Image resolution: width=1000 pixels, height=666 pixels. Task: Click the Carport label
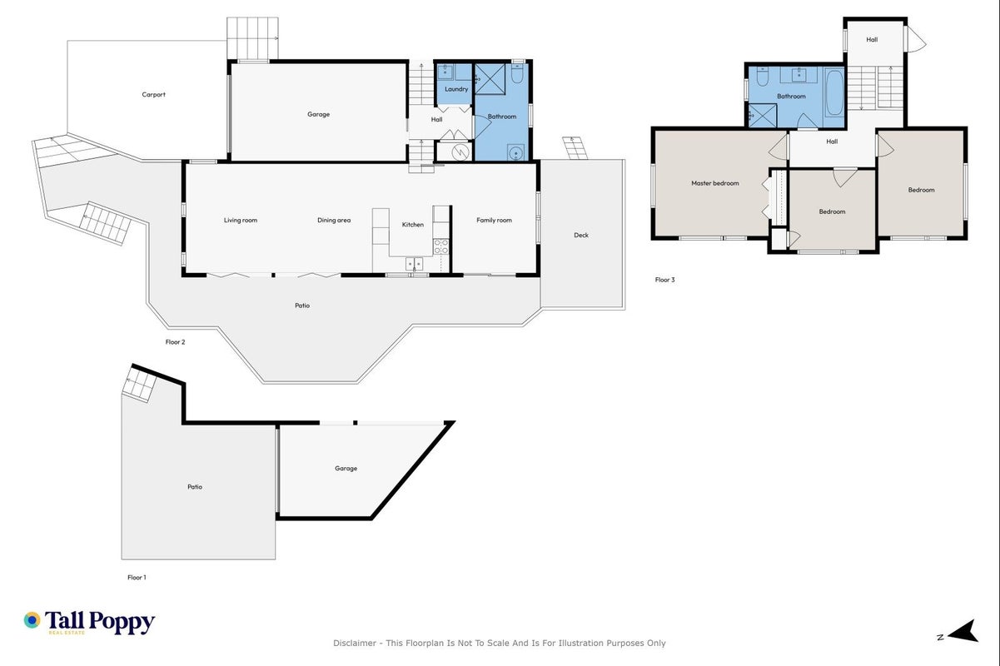coord(153,95)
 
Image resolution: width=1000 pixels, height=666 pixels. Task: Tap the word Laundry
coord(456,89)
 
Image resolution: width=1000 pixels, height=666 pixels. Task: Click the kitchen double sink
coord(415,263)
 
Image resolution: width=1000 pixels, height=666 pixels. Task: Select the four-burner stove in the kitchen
coord(441,247)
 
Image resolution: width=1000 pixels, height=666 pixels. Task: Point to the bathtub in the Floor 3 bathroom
coord(834,92)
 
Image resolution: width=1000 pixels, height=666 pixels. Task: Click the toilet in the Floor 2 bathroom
coord(517,75)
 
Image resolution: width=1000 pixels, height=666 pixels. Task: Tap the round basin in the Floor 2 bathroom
coord(515,152)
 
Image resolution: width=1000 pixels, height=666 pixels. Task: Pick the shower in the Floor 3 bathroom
coord(763,115)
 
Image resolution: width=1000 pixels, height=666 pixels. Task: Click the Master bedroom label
coord(714,183)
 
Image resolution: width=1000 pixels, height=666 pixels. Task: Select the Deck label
coord(581,236)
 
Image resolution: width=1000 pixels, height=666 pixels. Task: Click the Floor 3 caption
coord(664,280)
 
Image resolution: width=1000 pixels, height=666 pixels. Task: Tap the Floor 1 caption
coord(137,577)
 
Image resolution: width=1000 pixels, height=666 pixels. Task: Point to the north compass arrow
coord(963,631)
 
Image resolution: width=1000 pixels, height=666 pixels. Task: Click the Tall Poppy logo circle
coord(32,620)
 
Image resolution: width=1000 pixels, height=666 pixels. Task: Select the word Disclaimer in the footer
coord(355,644)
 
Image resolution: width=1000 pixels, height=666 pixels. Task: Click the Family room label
coord(494,220)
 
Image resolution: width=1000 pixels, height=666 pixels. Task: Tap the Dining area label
coord(334,220)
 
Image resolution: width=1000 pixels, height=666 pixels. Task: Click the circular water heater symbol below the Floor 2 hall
coord(459,152)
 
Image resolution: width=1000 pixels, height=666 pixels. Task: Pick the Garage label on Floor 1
coord(346,468)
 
